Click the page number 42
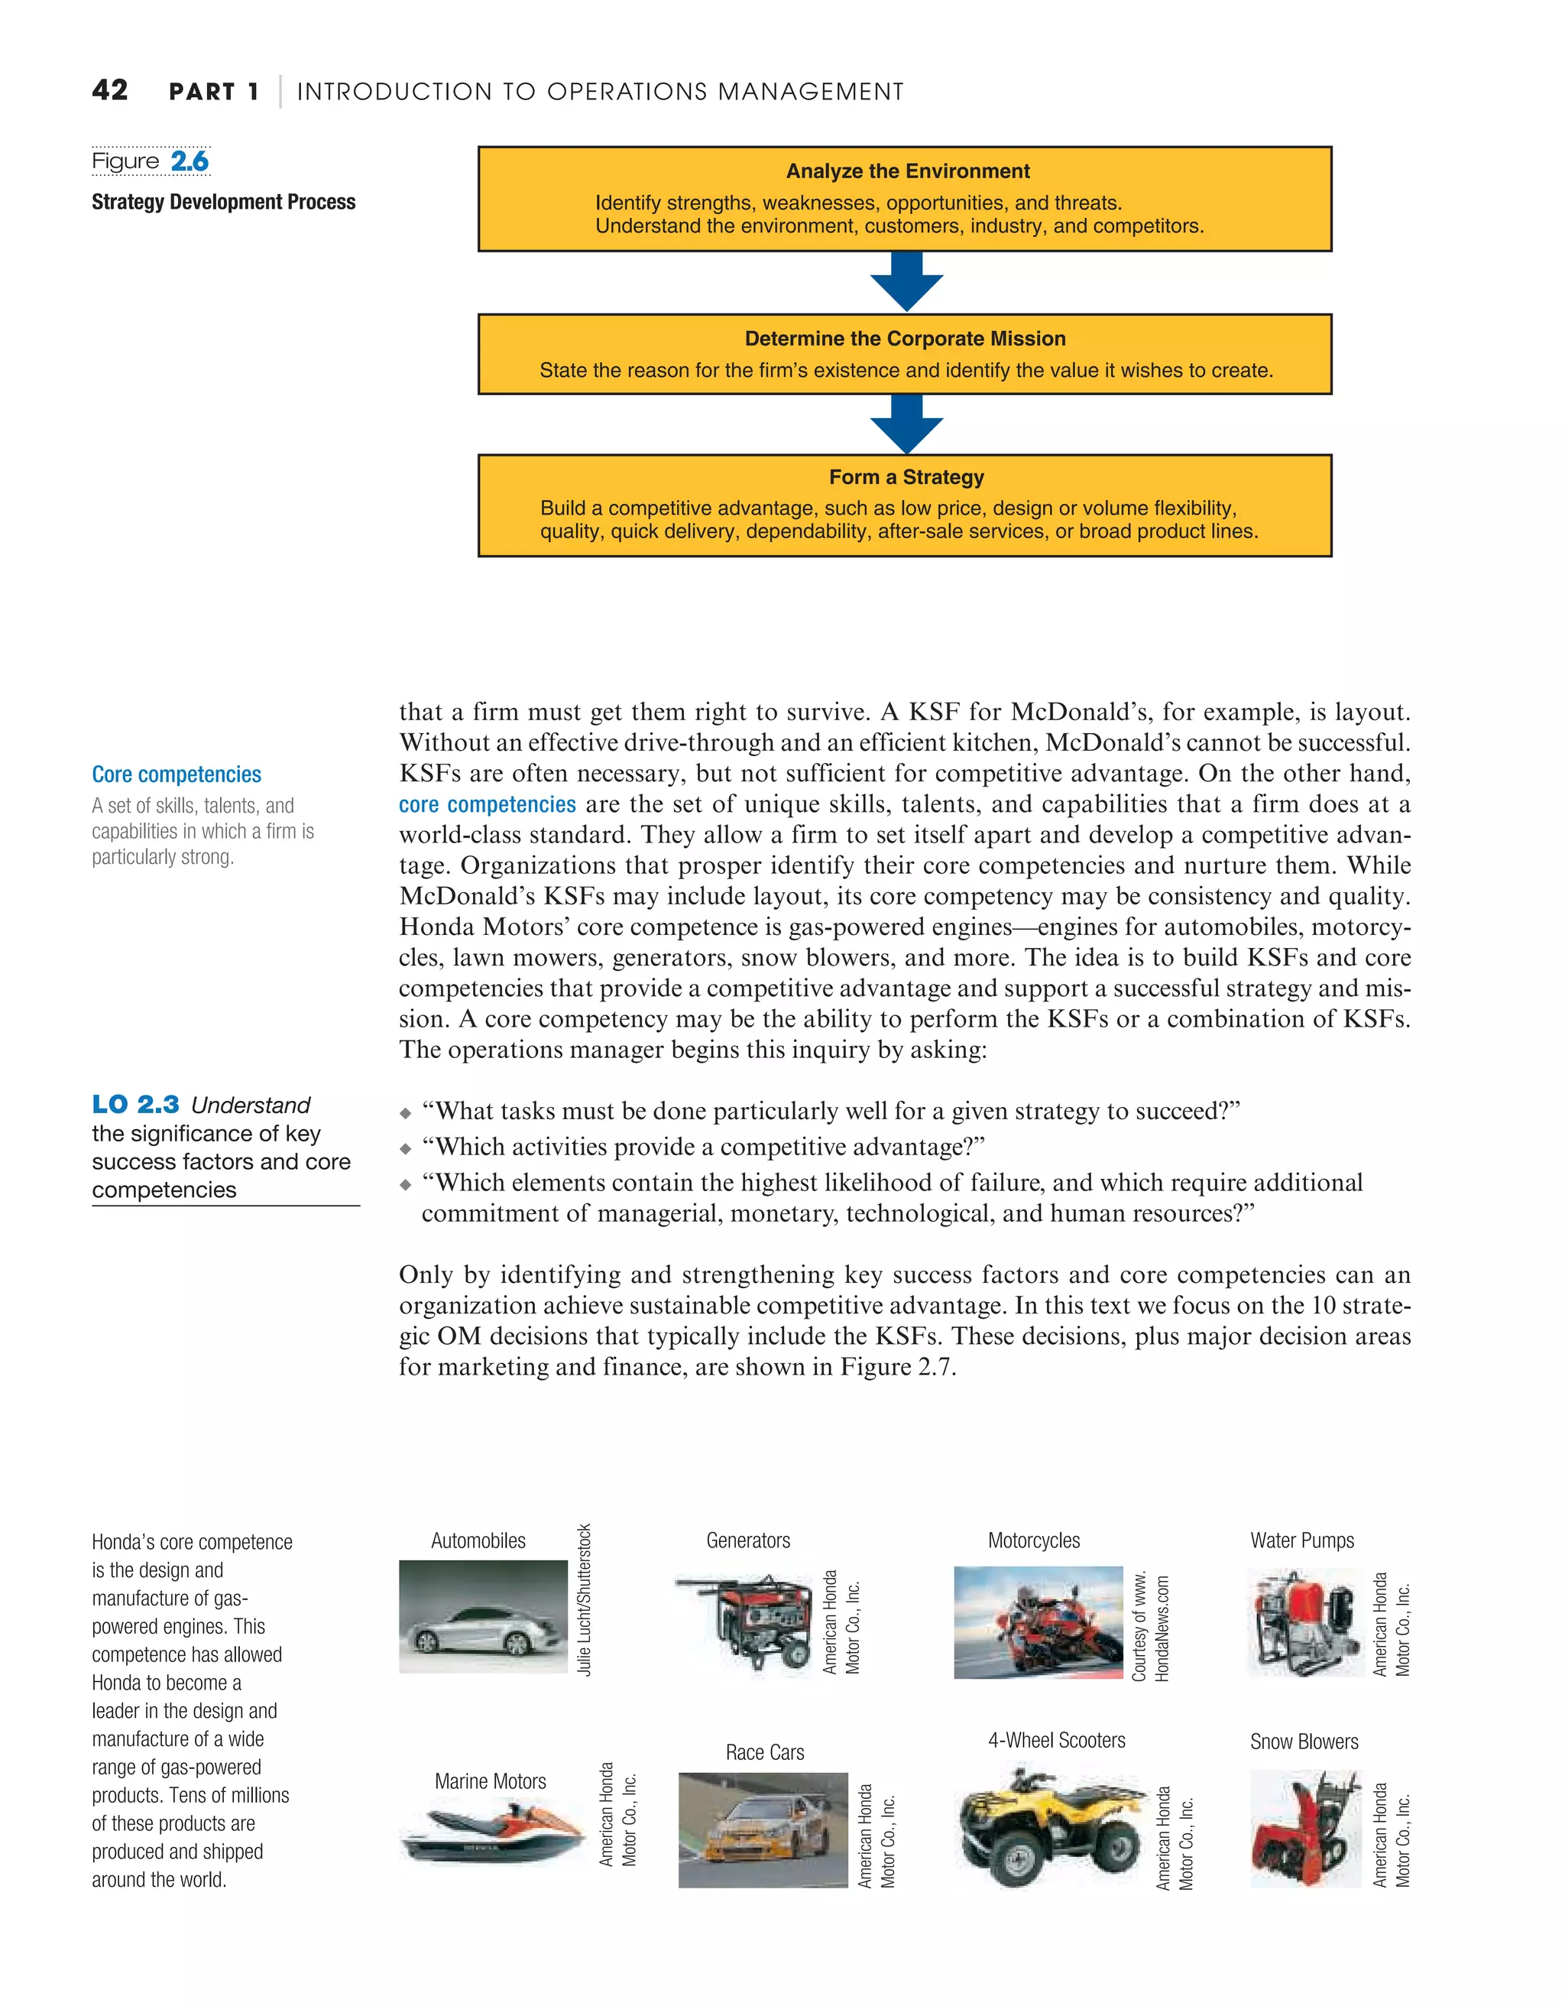pos(110,90)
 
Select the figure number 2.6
pos(190,161)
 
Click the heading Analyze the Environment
pos(907,171)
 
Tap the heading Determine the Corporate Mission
pos(905,339)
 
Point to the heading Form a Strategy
pos(906,477)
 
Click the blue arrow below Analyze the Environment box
pos(906,282)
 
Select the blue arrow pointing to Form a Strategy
pos(906,424)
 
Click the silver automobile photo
pos(483,1616)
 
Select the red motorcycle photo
pos(1038,1622)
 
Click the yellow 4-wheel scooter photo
pos(1050,1827)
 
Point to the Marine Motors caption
pos(490,1781)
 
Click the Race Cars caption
pos(765,1751)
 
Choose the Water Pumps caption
pos(1302,1540)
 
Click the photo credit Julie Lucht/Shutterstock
pos(584,1600)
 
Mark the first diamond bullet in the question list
pos(405,1113)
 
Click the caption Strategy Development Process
pos(224,202)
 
